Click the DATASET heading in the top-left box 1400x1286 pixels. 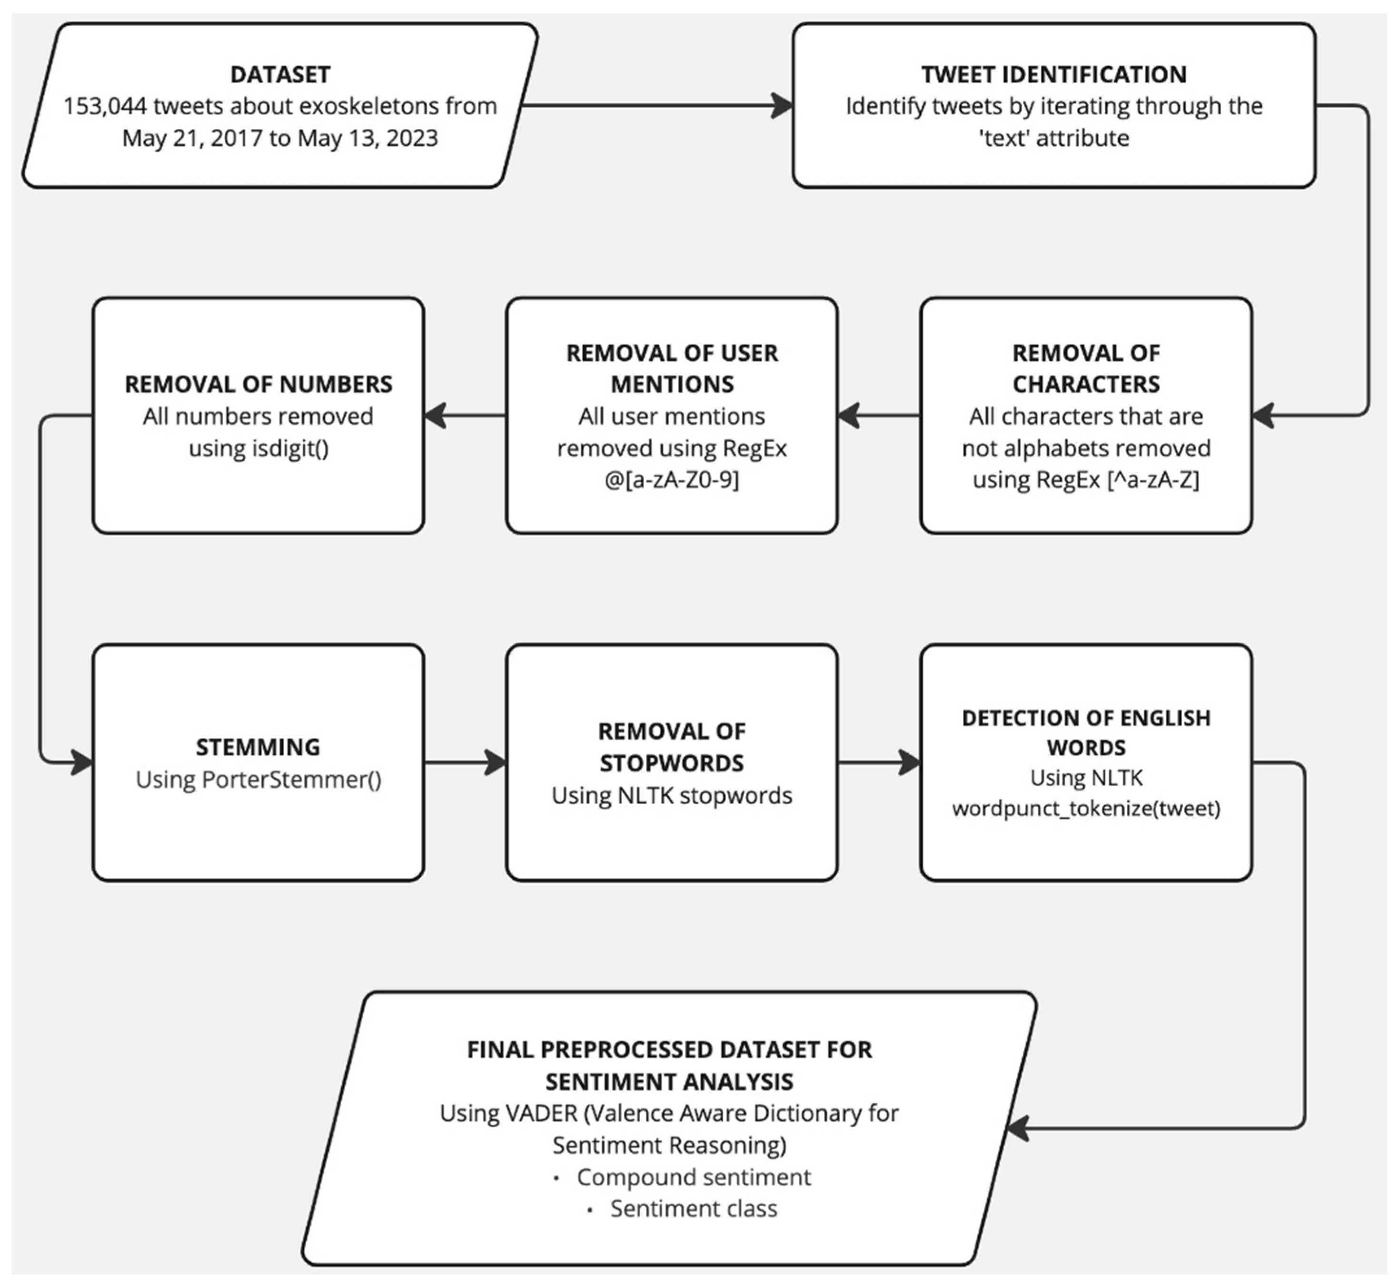(x=280, y=74)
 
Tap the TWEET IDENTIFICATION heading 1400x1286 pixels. (x=1053, y=74)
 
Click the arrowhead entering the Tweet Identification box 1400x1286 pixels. (x=783, y=106)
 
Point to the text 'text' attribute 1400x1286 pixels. (x=1053, y=138)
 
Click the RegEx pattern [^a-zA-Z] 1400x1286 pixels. (x=1153, y=479)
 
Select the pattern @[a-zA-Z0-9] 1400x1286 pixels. (x=672, y=479)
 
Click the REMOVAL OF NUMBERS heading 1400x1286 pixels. (x=258, y=384)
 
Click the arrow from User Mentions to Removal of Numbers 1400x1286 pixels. (x=464, y=415)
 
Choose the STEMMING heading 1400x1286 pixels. (x=258, y=747)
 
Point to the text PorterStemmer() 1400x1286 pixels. (x=291, y=780)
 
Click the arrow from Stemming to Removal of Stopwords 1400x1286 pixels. (x=465, y=762)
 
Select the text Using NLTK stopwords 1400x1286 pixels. (x=672, y=795)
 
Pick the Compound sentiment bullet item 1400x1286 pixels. (x=693, y=1177)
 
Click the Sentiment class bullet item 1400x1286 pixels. (x=693, y=1209)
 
